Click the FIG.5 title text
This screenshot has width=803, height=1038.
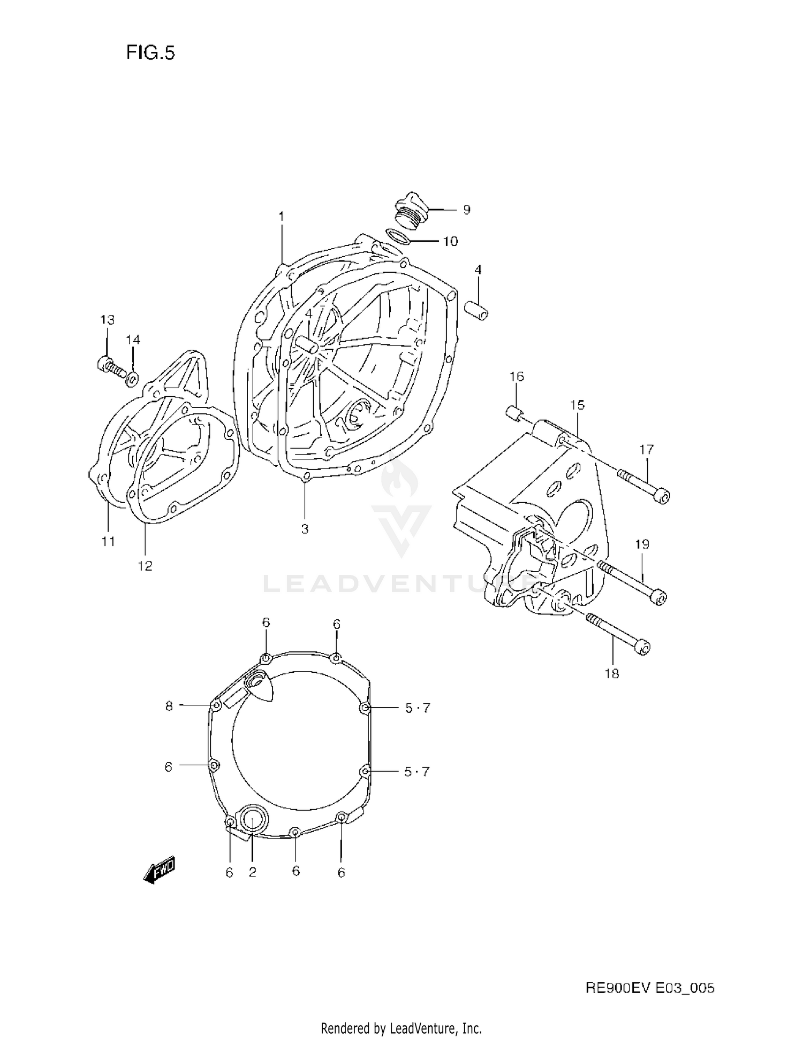point(150,52)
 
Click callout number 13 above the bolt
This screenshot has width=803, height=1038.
point(107,320)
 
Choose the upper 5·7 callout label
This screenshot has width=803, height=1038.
point(417,708)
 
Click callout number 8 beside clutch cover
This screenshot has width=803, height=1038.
point(169,706)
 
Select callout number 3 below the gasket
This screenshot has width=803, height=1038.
point(305,529)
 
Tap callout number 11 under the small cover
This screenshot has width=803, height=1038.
point(108,541)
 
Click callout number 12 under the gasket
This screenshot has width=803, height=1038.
point(145,565)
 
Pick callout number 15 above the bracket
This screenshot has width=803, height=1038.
point(577,405)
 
